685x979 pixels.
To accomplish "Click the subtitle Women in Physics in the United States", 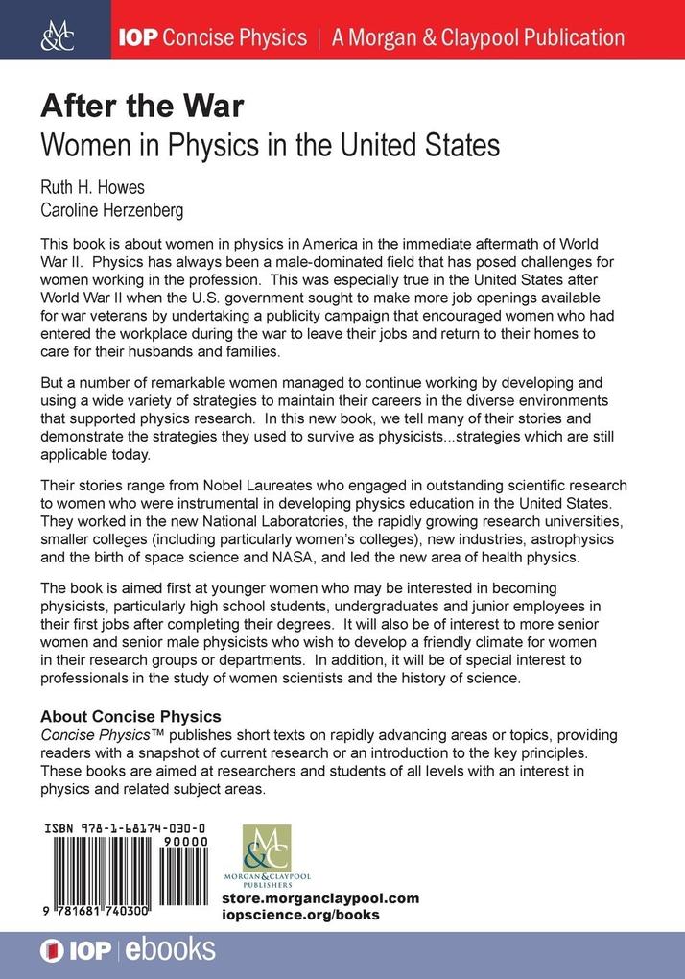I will pos(270,145).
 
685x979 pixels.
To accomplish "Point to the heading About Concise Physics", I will pos(130,716).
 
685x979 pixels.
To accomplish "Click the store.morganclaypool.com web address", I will pos(319,898).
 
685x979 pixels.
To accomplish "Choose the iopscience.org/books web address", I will pos(299,915).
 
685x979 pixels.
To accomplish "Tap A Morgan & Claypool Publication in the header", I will pos(478,37).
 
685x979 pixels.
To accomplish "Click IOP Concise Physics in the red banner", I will pos(212,37).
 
